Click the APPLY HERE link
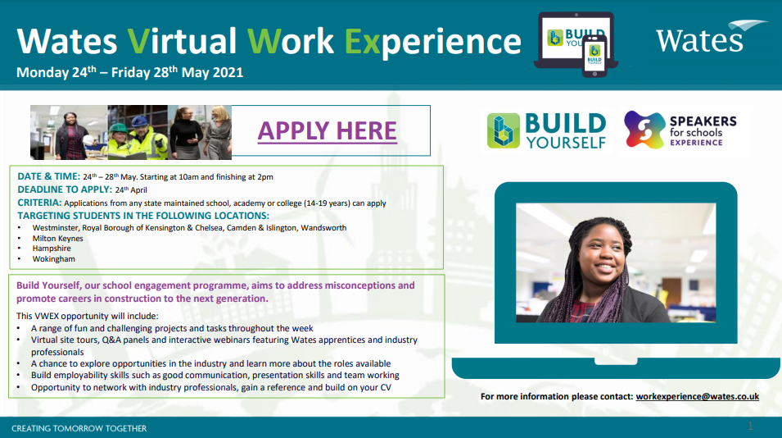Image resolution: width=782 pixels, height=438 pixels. coord(327,130)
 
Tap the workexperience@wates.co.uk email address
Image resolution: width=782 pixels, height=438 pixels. coord(697,396)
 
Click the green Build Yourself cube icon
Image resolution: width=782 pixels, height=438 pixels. coord(504,130)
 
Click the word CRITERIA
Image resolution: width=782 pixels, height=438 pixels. coord(38,203)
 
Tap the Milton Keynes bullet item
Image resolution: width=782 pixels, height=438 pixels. coord(57,238)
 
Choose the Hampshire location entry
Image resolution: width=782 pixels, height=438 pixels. coord(52,249)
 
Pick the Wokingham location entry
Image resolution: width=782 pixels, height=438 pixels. coord(53,259)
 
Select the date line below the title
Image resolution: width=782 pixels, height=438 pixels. coord(129,72)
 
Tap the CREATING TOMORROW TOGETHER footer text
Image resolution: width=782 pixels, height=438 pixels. coord(79,428)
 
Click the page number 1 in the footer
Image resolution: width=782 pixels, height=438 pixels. coord(750,427)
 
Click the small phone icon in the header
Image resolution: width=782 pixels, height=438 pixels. coord(594,57)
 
